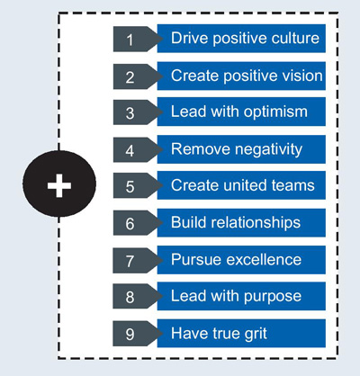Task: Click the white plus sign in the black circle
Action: (x=59, y=185)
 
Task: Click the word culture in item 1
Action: (x=291, y=38)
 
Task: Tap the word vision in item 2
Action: (x=298, y=76)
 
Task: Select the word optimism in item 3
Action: (x=275, y=112)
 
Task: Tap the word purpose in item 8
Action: (x=273, y=297)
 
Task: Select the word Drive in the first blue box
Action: (x=190, y=38)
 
